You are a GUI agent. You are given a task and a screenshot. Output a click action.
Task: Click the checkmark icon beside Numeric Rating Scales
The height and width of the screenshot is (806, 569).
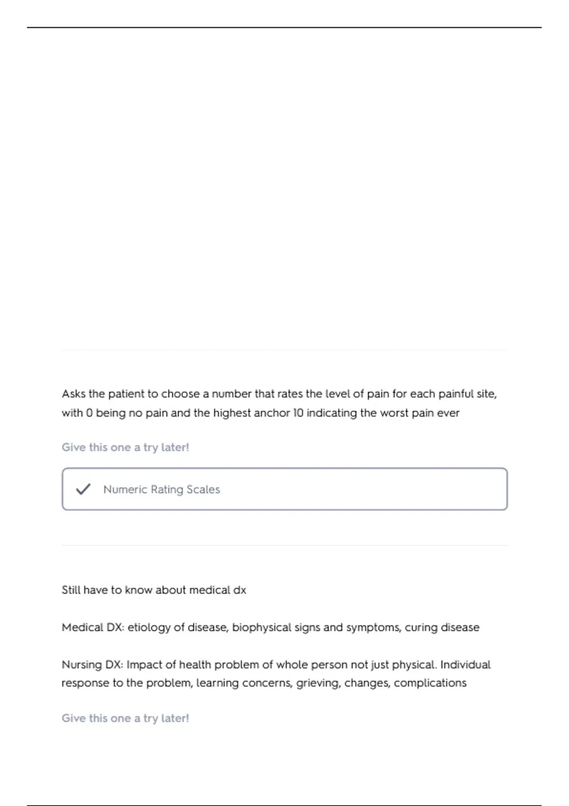pos(83,489)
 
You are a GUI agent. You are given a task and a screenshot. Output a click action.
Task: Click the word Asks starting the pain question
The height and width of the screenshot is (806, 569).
pos(73,394)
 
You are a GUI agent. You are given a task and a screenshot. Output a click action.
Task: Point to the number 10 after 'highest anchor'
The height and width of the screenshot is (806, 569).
pos(298,413)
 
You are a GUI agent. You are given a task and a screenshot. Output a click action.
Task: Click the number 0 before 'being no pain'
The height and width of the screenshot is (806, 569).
pos(89,413)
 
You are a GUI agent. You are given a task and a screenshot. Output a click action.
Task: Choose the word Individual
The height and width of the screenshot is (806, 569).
pos(465,665)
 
